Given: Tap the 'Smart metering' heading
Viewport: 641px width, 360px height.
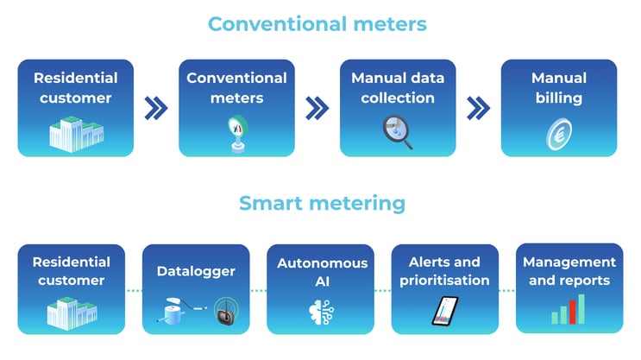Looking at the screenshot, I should coord(321,203).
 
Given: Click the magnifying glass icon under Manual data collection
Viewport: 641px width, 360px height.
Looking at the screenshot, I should coord(397,129).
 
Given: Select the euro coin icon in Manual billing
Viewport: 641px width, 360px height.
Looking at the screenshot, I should coord(558,134).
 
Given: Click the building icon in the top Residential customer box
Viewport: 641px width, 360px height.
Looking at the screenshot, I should coord(75,132).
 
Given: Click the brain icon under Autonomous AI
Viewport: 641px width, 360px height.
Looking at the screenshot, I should coord(317,312).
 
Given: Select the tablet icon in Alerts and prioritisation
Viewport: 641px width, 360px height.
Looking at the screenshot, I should coord(445,312).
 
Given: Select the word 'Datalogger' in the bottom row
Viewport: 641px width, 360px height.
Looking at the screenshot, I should coord(195,271).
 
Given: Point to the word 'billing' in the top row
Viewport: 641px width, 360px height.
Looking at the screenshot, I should coord(558,98).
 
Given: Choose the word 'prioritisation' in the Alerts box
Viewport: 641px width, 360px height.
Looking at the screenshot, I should coord(445,280).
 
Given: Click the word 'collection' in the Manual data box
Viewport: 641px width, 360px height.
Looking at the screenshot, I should coord(393,98).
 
